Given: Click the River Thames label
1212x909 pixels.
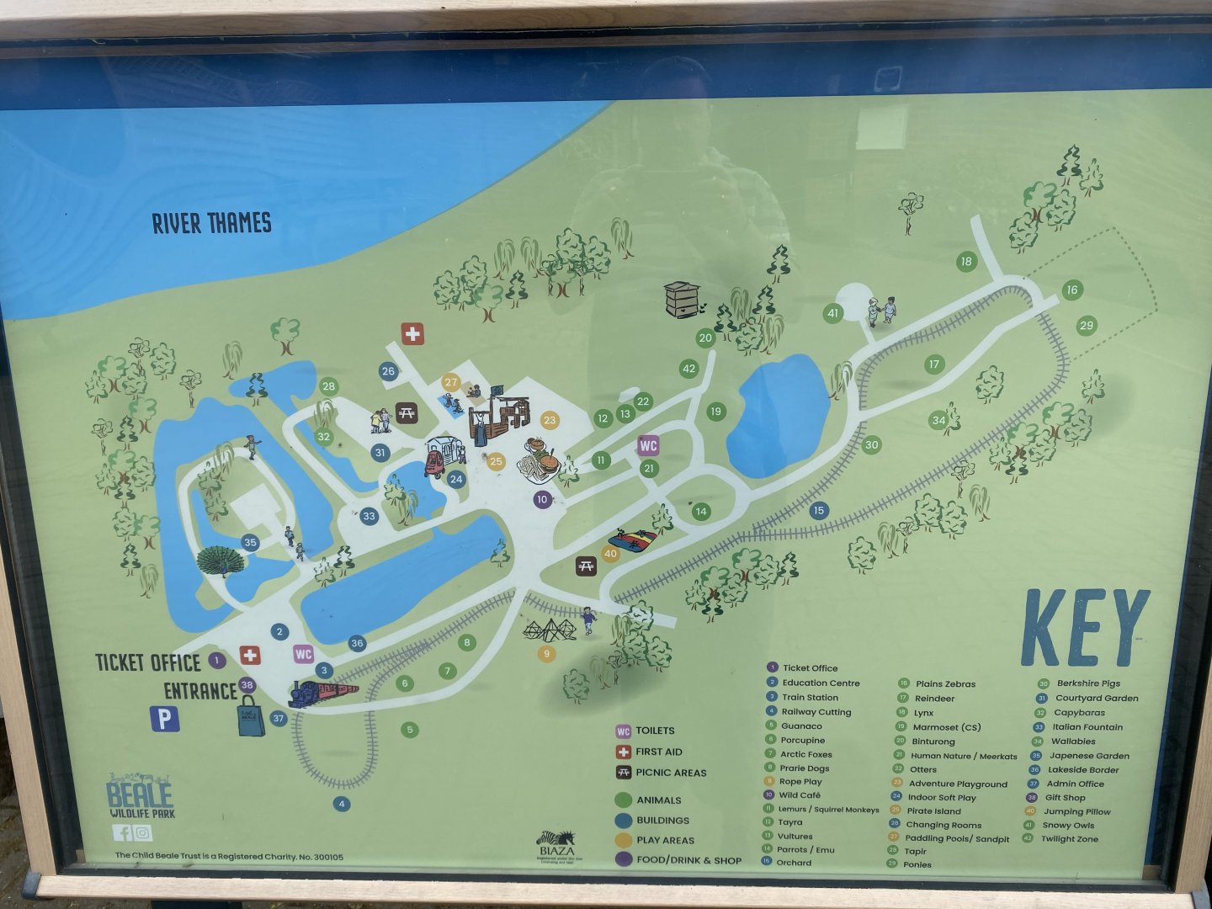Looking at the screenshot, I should coord(212,223).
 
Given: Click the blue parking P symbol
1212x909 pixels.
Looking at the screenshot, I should coord(164,719).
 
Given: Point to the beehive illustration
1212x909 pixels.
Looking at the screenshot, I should coord(681,299).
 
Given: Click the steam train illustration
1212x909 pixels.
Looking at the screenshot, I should coord(322,693).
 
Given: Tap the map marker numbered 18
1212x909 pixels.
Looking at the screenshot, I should coord(966,261).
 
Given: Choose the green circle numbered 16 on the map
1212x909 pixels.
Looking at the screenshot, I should coord(1071,290).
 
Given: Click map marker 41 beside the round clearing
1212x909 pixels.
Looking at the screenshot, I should coord(833,313).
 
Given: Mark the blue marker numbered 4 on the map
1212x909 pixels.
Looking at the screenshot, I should coord(341,804).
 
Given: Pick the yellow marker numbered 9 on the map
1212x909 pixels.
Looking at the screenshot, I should coord(547,653).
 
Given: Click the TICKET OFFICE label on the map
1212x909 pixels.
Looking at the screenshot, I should coord(148,662).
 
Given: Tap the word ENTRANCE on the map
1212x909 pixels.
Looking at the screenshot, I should coord(200,691).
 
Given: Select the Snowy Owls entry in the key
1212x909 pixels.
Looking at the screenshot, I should coord(1069,825).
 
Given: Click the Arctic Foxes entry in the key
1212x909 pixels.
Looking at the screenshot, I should coord(805,754).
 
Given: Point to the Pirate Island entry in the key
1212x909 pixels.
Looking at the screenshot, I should coord(933,811).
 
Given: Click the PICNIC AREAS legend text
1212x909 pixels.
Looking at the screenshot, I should coord(671,773).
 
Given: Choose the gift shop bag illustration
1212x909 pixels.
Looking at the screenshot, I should coord(251,717).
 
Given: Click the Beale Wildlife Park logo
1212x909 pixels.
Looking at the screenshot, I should coord(140,796).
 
